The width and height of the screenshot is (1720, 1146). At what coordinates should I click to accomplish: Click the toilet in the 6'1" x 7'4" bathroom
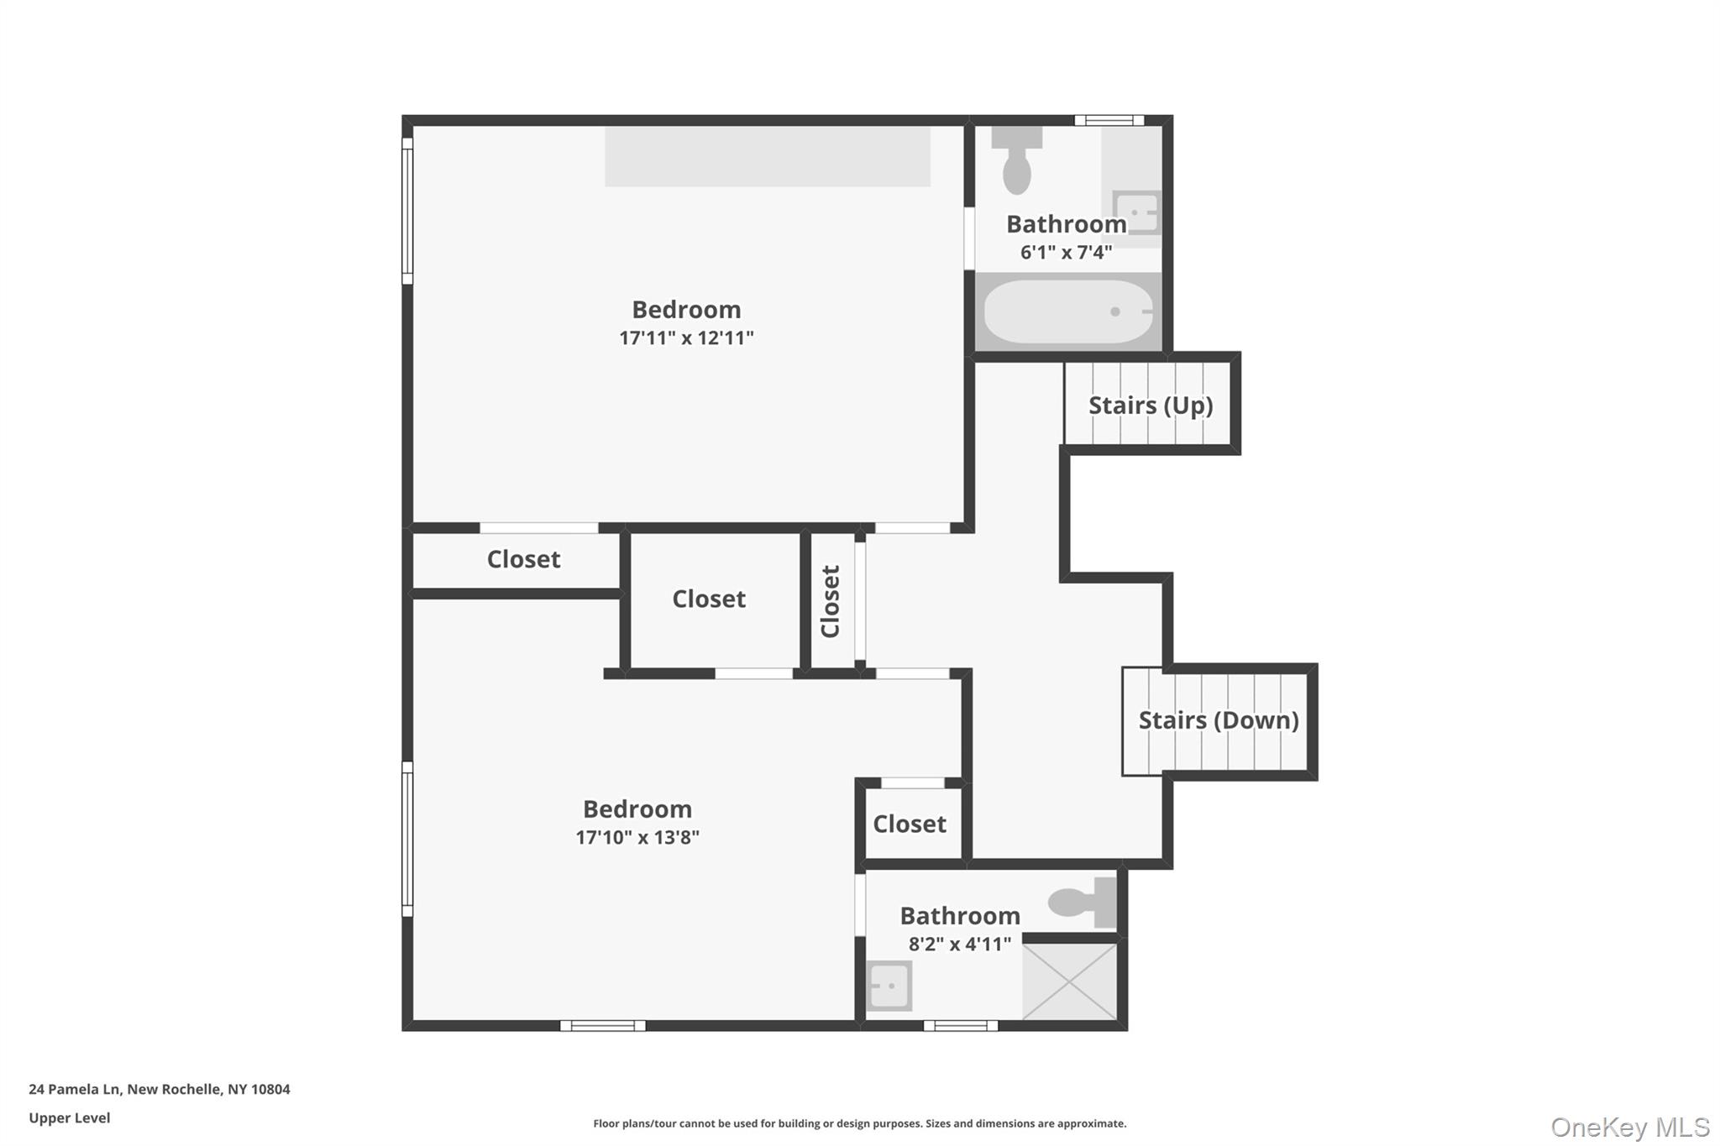pyautogui.click(x=1016, y=163)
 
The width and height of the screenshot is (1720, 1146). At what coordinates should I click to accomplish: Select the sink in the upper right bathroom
pyautogui.click(x=1135, y=212)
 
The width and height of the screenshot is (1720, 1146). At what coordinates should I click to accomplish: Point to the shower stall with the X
pyautogui.click(x=1069, y=981)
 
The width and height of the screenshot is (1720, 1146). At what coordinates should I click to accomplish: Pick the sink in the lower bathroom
pyautogui.click(x=889, y=986)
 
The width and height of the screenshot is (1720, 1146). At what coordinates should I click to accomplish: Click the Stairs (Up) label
pyautogui.click(x=1150, y=406)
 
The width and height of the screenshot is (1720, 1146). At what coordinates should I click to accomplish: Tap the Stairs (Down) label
pyautogui.click(x=1218, y=720)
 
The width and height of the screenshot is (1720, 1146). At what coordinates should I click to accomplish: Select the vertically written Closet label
pyautogui.click(x=831, y=601)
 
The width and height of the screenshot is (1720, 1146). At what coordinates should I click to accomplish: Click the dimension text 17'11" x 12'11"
pyautogui.click(x=686, y=338)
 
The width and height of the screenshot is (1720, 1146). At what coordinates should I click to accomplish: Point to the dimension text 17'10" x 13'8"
pyautogui.click(x=637, y=837)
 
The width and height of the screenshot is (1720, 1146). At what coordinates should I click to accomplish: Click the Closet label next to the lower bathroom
pyautogui.click(x=909, y=824)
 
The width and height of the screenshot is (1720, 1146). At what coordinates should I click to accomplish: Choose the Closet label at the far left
pyautogui.click(x=523, y=559)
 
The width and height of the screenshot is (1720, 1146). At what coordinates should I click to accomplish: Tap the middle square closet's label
pyautogui.click(x=708, y=599)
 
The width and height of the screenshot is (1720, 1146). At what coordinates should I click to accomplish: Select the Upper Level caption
pyautogui.click(x=69, y=1117)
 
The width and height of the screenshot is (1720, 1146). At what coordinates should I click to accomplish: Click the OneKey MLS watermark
pyautogui.click(x=1629, y=1127)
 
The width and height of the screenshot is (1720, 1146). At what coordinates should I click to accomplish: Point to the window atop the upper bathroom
pyautogui.click(x=1109, y=121)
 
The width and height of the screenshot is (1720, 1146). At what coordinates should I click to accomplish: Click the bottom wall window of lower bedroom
pyautogui.click(x=602, y=1025)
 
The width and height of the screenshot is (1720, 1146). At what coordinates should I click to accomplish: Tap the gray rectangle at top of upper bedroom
pyautogui.click(x=767, y=156)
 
